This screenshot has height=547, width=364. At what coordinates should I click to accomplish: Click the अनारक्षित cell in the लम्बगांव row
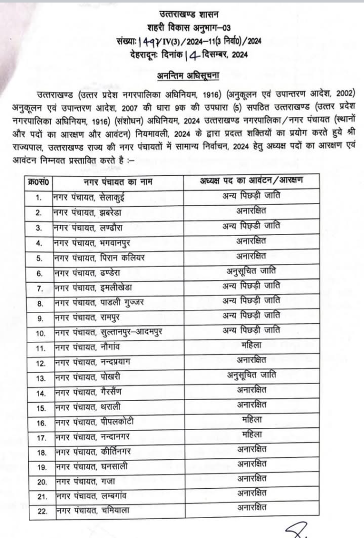pos(251,494)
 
